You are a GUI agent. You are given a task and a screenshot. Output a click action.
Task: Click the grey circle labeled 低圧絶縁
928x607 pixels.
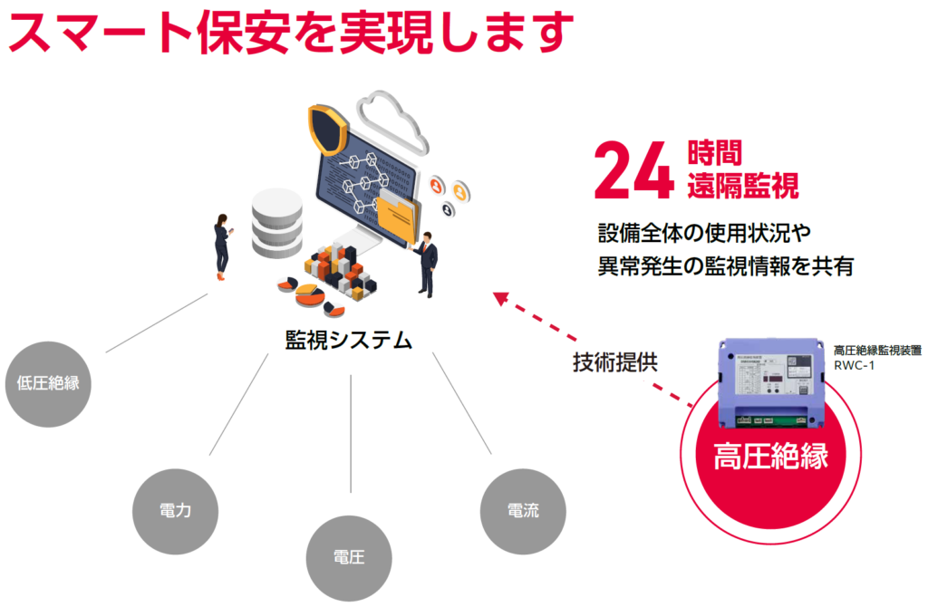(x=48, y=382)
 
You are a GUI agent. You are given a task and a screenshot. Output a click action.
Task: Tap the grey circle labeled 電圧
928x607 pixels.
(x=349, y=556)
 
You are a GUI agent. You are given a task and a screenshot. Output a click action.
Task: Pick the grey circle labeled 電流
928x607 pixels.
(x=523, y=511)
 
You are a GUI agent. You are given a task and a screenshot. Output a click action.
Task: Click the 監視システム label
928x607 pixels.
(x=349, y=340)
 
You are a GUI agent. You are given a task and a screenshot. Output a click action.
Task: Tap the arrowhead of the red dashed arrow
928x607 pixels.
(x=500, y=297)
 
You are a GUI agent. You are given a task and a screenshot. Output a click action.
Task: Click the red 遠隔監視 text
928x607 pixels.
(x=743, y=187)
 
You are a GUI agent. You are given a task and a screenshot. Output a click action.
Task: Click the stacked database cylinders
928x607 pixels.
(x=277, y=225)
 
